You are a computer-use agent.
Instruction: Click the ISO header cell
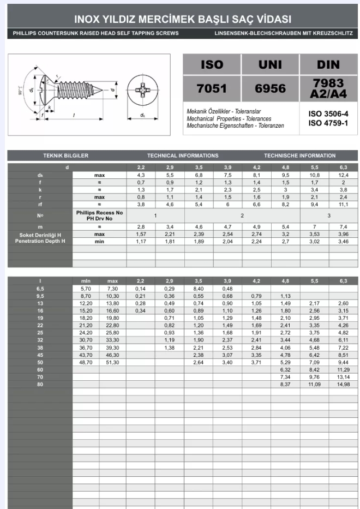pyautogui.click(x=212, y=64)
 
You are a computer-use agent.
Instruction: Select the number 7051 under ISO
pyautogui.click(x=212, y=88)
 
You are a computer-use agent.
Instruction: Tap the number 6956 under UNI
pyautogui.click(x=270, y=88)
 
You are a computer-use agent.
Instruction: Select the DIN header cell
pyautogui.click(x=328, y=64)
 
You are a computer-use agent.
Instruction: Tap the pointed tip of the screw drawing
pyautogui.click(x=102, y=89)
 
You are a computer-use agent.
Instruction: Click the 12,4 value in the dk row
pyautogui.click(x=343, y=175)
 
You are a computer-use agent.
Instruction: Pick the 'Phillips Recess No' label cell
pyautogui.click(x=99, y=212)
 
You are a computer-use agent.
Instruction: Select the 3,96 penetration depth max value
pyautogui.click(x=343, y=233)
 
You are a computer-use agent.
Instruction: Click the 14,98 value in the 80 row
pyautogui.click(x=343, y=384)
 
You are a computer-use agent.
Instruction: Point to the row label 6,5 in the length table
pyautogui.click(x=40, y=288)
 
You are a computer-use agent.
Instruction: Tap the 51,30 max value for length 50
pyautogui.click(x=112, y=362)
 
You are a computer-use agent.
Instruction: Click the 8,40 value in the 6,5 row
pyautogui.click(x=199, y=288)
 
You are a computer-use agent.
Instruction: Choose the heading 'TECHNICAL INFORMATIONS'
pyautogui.click(x=182, y=155)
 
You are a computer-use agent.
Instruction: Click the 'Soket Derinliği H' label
pyautogui.click(x=40, y=234)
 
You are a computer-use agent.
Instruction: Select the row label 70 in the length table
pyautogui.click(x=40, y=376)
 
